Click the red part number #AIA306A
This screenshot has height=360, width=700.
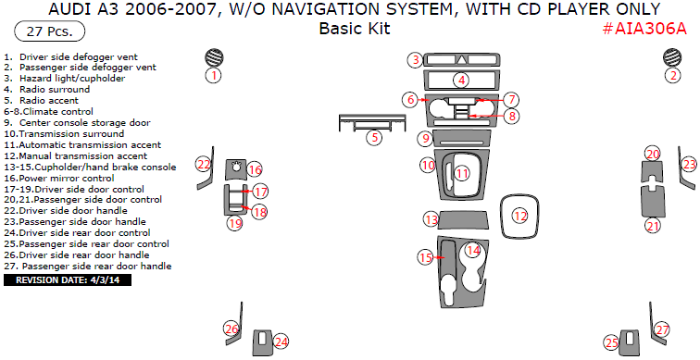coord(644,29)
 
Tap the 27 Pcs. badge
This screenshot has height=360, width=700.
coord(50,31)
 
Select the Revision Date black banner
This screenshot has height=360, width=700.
coord(68,280)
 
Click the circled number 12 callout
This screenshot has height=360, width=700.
coord(520,217)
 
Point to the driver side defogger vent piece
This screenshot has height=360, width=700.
coord(214,57)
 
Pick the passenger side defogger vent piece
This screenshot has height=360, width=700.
coord(672,57)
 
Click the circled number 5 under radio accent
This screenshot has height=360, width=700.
coord(374,137)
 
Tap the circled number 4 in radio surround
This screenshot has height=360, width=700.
coord(461,81)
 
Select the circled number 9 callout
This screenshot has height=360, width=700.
coord(425,138)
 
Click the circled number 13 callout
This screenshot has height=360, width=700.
coord(431,219)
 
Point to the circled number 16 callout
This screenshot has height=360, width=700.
coord(255,169)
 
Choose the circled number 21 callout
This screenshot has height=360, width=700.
coord(653,226)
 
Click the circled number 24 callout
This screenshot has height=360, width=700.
coord(281,342)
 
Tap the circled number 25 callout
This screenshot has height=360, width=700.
coord(612,342)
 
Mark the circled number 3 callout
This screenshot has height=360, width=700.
coord(416,60)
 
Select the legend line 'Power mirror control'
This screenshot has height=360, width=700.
coord(59,178)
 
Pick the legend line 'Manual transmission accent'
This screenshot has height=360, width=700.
coord(75,156)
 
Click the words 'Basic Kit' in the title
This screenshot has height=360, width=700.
coord(355,29)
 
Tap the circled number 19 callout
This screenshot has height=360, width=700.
coord(235,222)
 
